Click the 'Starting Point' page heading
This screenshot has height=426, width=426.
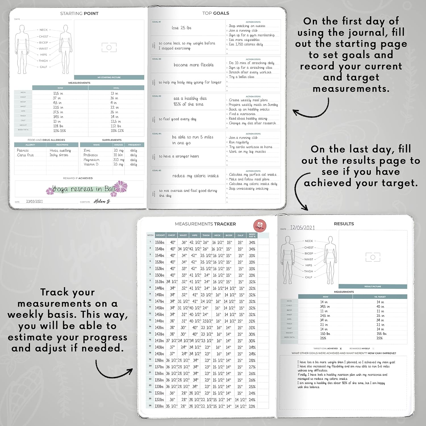(x=79, y=13)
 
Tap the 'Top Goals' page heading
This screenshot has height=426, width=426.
(x=216, y=13)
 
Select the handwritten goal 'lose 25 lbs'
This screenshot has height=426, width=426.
(x=181, y=28)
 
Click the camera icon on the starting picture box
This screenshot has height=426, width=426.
(x=109, y=47)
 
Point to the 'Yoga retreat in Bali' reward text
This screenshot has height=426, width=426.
(x=84, y=189)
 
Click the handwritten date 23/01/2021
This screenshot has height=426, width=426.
(x=34, y=201)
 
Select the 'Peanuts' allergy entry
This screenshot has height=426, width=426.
(x=23, y=150)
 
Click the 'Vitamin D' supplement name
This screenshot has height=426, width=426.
(x=91, y=164)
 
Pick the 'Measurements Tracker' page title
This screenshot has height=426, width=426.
(x=205, y=224)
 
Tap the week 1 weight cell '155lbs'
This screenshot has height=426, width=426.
(x=160, y=243)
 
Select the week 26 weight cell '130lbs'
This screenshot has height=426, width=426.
(x=159, y=406)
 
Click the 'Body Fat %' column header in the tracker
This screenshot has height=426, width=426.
(x=252, y=235)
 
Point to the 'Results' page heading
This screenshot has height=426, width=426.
(x=344, y=224)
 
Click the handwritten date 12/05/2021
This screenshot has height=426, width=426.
(x=302, y=228)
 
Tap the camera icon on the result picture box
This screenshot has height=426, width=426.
(x=373, y=257)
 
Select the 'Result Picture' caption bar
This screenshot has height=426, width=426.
(x=373, y=287)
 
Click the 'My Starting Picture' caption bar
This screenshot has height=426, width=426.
(x=109, y=77)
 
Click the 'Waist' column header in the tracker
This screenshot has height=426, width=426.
(x=183, y=235)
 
